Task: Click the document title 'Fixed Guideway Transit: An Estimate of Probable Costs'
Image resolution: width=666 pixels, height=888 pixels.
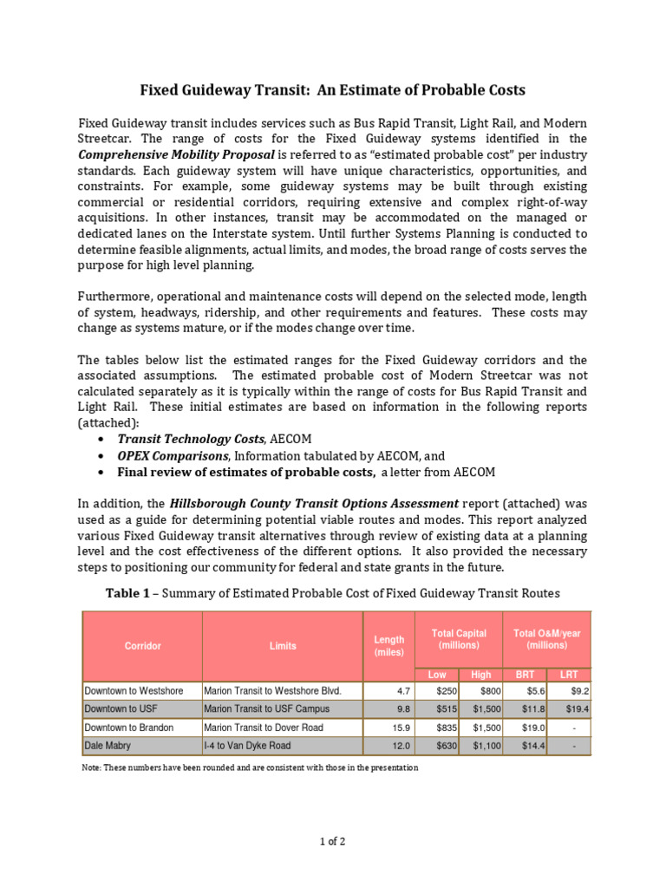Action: [333, 90]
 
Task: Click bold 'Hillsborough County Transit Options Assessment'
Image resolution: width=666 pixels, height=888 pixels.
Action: [314, 502]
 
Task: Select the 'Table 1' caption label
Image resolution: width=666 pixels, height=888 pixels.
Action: [128, 593]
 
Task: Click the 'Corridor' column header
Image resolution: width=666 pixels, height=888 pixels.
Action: [142, 646]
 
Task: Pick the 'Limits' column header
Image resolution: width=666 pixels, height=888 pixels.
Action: [283, 646]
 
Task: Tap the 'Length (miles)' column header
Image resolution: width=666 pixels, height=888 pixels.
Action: [388, 646]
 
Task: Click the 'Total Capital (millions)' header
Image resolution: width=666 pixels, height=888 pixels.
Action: [459, 639]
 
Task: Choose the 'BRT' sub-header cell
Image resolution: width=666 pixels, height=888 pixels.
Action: [526, 675]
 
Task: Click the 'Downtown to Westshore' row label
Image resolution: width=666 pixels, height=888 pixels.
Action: [134, 691]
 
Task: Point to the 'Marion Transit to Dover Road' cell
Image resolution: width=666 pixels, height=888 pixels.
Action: [263, 727]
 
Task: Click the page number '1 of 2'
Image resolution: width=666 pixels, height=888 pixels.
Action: [333, 839]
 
